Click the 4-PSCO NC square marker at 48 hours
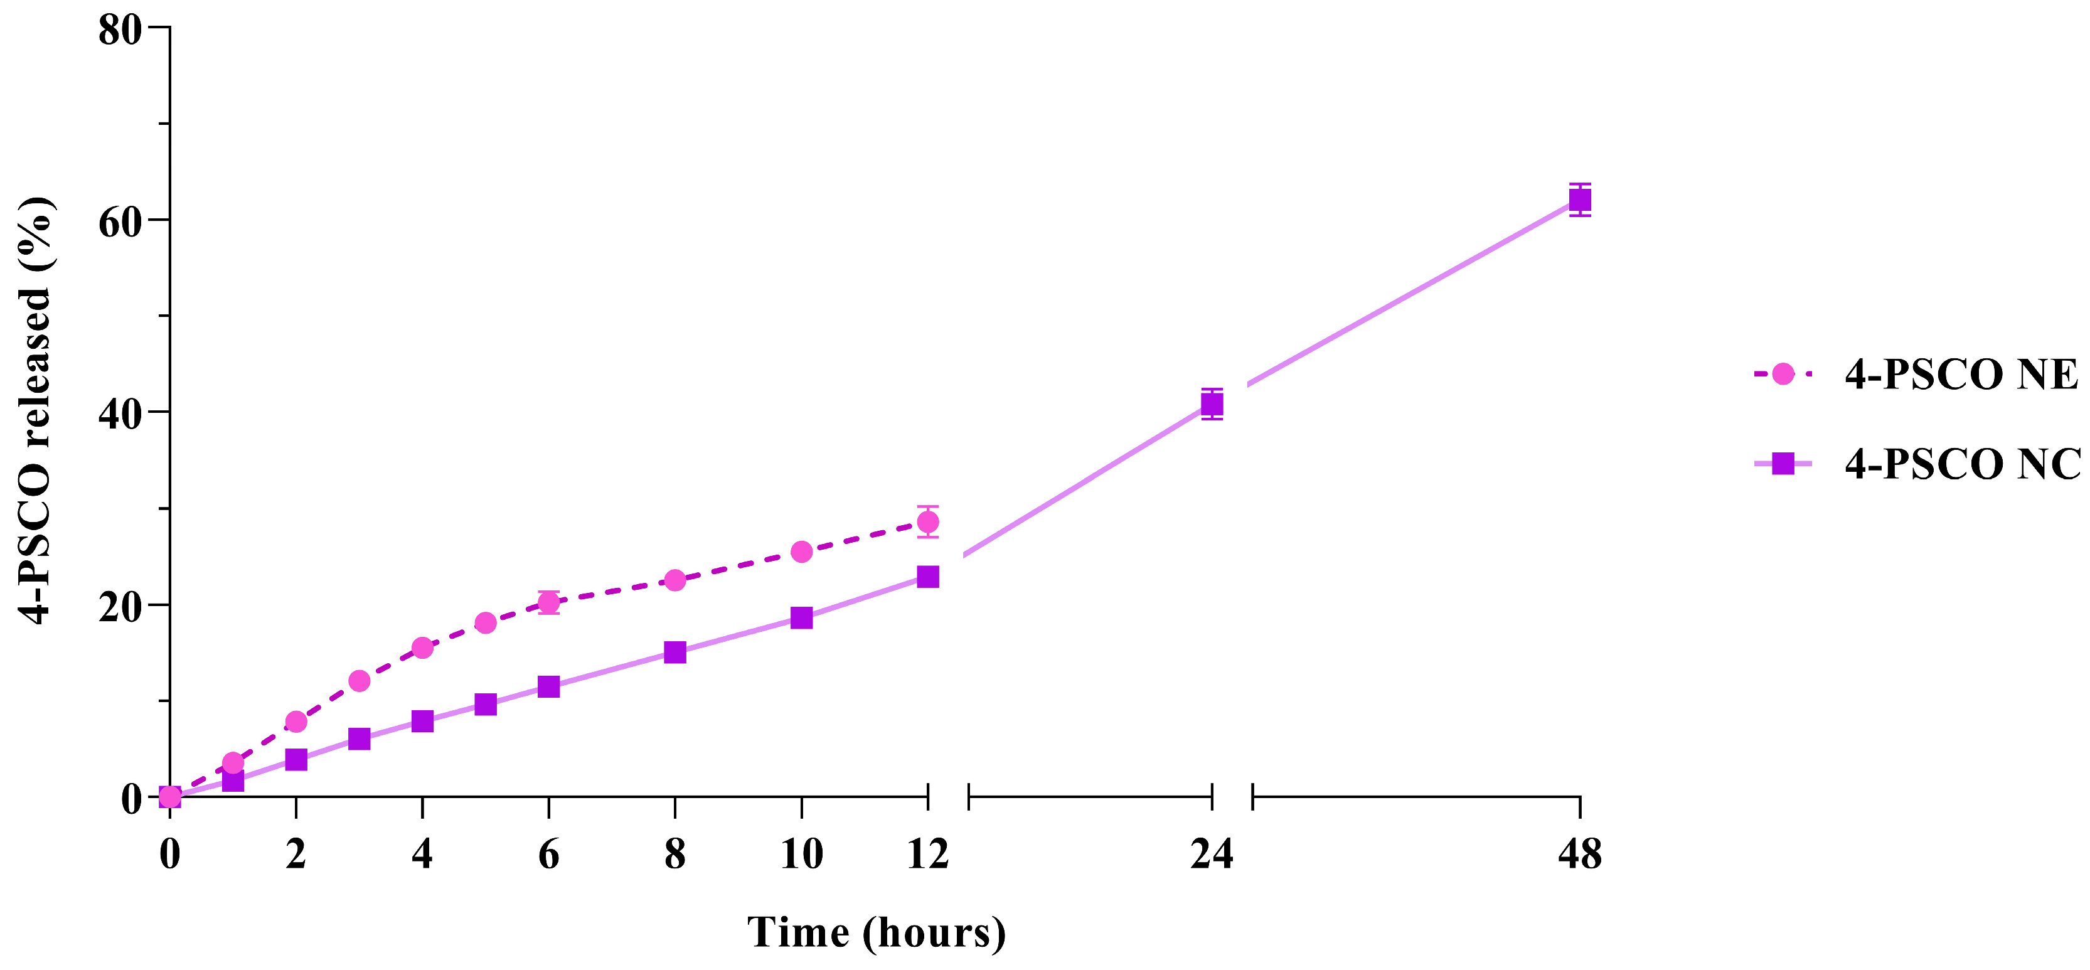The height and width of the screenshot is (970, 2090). [1579, 200]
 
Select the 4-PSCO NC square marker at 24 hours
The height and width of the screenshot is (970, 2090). [1212, 404]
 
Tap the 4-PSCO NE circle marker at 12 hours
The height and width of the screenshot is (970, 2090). [927, 521]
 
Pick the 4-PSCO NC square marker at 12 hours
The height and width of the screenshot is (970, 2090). [927, 577]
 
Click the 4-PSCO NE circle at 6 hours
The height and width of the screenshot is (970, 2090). [548, 602]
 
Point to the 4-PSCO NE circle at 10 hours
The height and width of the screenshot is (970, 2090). [801, 552]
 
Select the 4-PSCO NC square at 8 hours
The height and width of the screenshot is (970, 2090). [675, 652]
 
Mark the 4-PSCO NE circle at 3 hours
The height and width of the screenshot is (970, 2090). [360, 681]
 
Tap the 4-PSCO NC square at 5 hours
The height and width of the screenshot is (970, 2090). [485, 704]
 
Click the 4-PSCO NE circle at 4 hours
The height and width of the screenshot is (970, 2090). [422, 648]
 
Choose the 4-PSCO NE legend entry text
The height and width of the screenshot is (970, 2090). [1961, 375]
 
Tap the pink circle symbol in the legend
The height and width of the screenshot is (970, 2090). [1783, 374]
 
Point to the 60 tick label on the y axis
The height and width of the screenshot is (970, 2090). [119, 221]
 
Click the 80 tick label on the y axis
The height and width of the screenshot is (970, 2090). [119, 30]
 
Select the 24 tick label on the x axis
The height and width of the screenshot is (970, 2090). [1212, 854]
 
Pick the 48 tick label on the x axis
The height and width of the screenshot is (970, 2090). [1579, 854]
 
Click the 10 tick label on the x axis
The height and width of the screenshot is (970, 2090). [801, 854]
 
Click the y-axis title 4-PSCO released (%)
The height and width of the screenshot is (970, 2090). [36, 410]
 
